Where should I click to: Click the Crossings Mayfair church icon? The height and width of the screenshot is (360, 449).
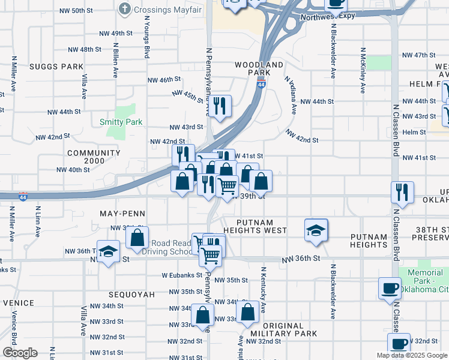point(124,9)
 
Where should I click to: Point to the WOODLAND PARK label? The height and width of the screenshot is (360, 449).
point(259,68)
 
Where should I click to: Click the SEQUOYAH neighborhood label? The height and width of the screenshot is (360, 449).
point(131,295)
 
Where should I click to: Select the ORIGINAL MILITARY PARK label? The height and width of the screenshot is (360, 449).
point(283,329)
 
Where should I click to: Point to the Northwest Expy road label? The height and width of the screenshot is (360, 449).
point(327,17)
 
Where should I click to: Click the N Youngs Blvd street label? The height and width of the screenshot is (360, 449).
point(146,36)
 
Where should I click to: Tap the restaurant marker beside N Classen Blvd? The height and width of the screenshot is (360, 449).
point(401,192)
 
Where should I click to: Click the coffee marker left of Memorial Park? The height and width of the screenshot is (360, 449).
point(390,287)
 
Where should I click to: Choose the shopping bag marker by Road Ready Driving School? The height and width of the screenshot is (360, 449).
point(137,237)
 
